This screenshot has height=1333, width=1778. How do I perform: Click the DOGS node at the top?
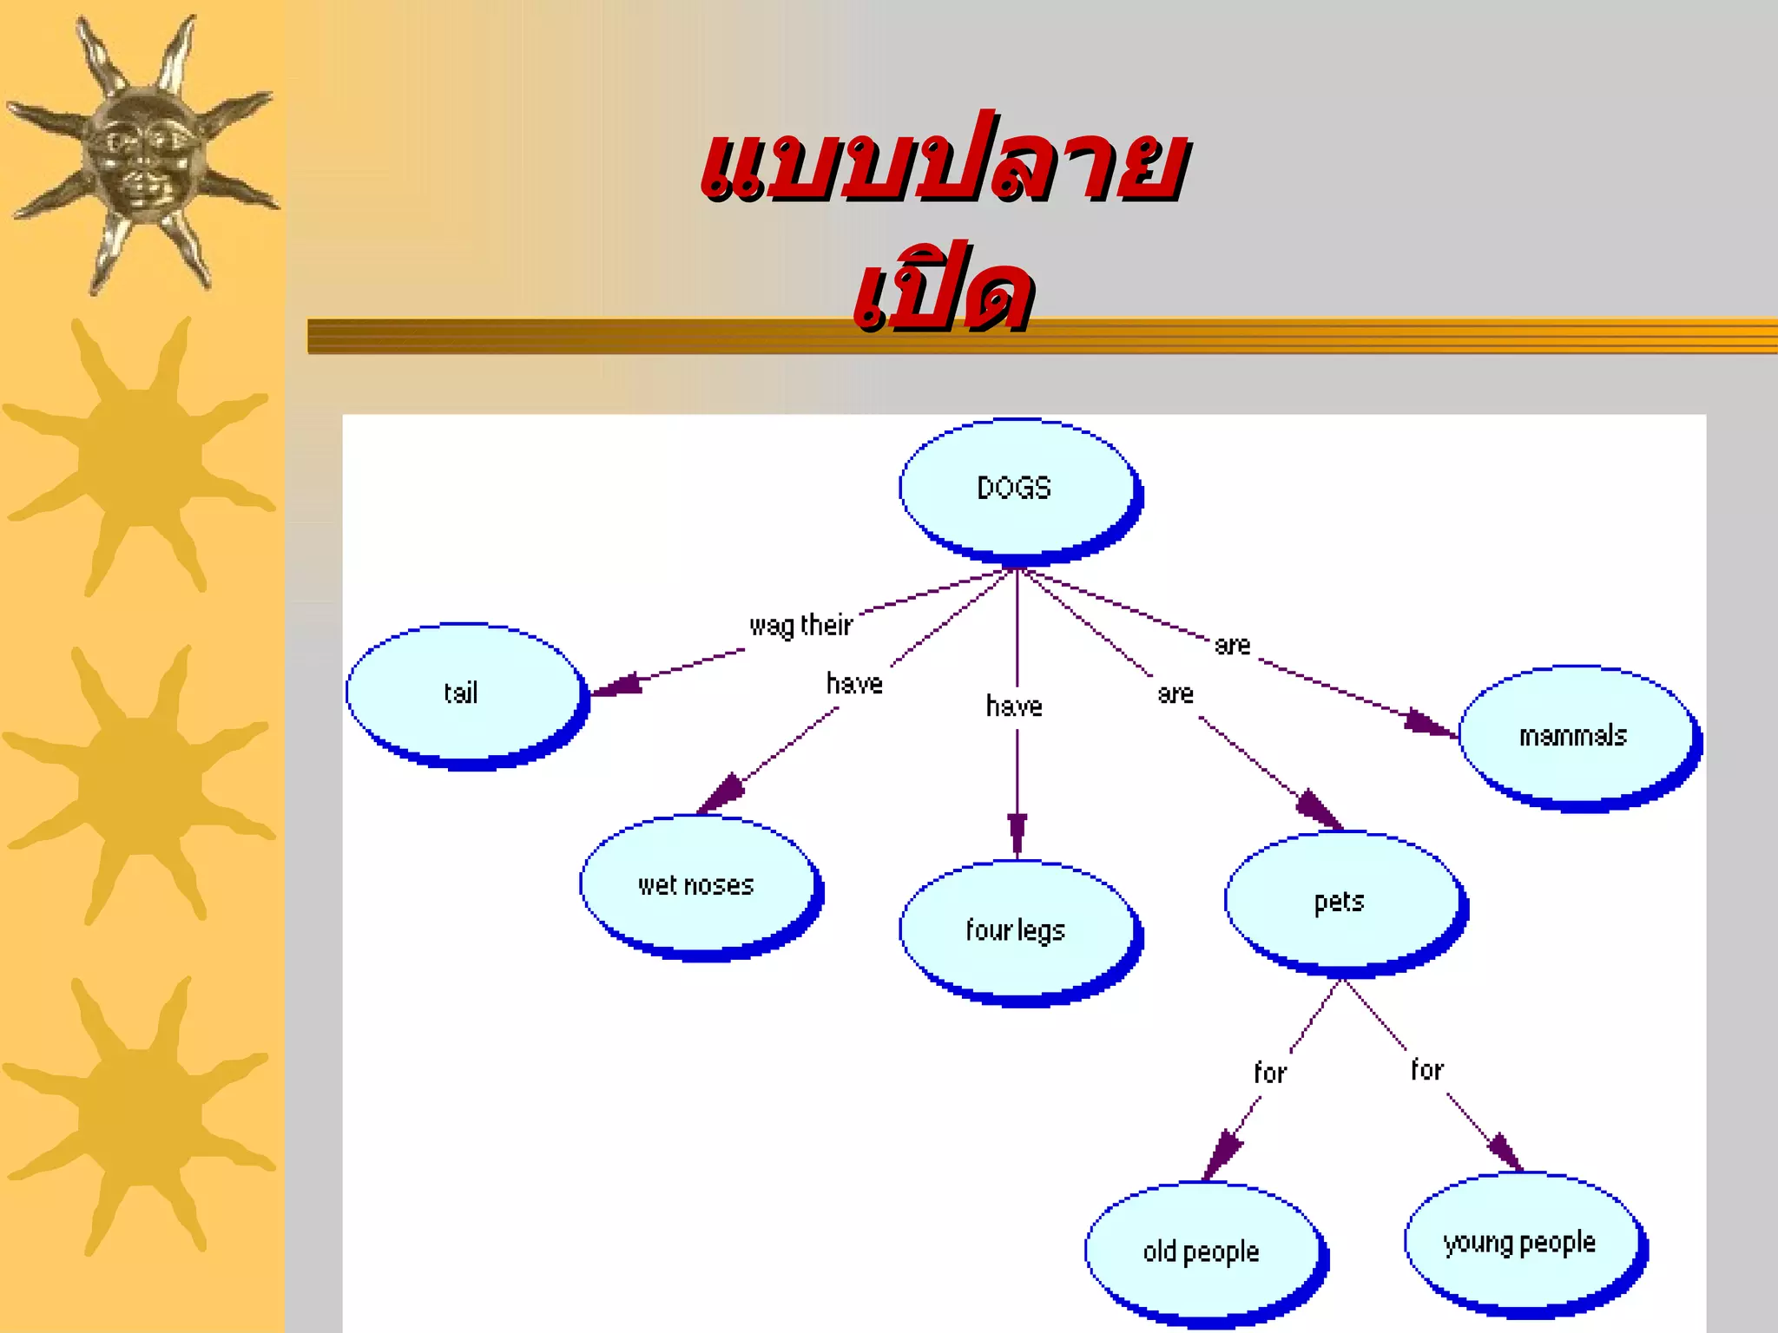click(1016, 488)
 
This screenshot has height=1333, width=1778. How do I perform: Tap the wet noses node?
click(696, 885)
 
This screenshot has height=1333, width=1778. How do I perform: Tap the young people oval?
click(1520, 1242)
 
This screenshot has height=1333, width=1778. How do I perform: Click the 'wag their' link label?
click(800, 625)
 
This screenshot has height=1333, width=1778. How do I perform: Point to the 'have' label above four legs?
click(1014, 706)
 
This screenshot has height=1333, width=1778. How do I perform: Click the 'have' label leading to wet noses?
click(854, 684)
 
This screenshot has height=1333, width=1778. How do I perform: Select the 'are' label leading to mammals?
click(1232, 645)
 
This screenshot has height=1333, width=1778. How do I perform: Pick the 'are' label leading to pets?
click(1175, 693)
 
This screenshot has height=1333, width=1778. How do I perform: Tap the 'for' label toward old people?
click(1270, 1073)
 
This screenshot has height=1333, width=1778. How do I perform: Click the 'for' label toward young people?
click(1426, 1069)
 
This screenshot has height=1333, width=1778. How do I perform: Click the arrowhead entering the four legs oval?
click(1017, 833)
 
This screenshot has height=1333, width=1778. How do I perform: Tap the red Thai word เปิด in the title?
click(943, 291)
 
